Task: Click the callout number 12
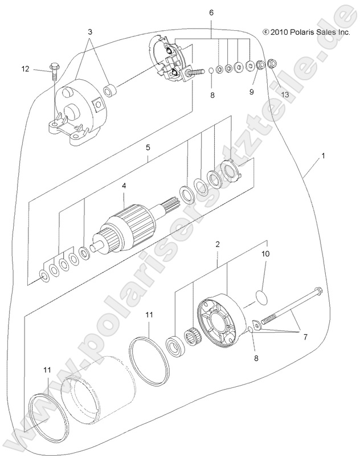coord(25,69)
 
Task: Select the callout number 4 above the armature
coord(123,185)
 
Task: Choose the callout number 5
coord(148,147)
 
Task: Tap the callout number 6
coord(212,12)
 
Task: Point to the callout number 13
coord(285,95)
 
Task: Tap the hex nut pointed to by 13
coord(272,63)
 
